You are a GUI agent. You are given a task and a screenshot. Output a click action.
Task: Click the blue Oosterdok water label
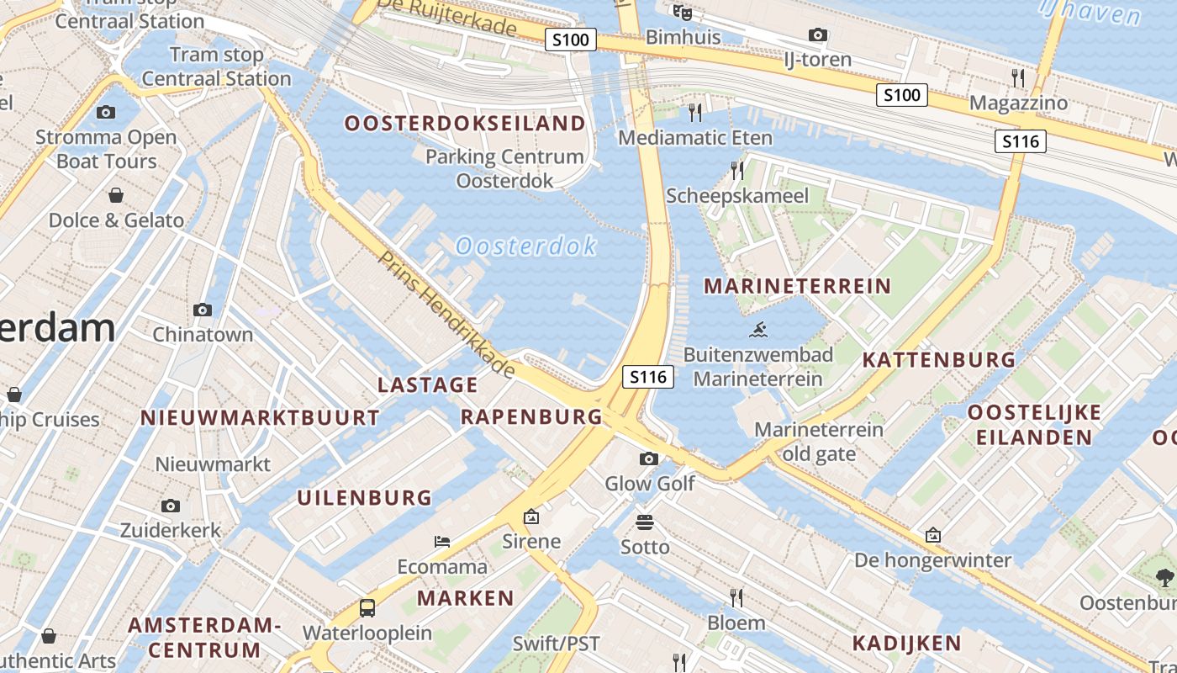point(526,246)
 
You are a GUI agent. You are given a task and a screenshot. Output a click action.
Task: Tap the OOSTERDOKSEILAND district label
point(465,124)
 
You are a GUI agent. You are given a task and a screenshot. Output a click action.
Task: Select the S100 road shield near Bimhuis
point(571,39)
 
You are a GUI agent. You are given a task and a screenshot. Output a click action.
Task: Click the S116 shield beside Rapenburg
point(648,377)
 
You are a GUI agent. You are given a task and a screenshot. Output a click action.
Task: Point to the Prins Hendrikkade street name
point(446,314)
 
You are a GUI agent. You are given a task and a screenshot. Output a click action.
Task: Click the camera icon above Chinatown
point(202,310)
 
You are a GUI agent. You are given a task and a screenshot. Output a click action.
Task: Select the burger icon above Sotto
point(645,522)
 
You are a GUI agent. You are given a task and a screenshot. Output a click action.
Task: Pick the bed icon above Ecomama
point(442,541)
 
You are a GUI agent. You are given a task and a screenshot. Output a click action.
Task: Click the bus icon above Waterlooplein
point(367,607)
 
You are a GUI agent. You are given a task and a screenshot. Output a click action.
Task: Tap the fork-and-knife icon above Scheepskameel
point(737,171)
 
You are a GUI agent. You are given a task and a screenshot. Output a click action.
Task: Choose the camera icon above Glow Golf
point(649,458)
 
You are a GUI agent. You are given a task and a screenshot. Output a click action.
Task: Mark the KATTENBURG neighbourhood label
point(939,360)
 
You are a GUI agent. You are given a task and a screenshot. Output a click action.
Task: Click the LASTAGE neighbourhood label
point(428,385)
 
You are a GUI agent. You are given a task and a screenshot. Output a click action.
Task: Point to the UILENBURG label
point(364,498)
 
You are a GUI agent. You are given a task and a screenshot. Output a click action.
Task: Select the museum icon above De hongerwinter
point(932,535)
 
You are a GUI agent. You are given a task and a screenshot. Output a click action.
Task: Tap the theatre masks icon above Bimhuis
point(682,13)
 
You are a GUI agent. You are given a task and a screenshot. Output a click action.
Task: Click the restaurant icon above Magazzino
point(1018,78)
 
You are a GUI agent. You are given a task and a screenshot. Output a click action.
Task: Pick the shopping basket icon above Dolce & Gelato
point(116,196)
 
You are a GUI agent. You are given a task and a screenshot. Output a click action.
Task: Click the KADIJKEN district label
point(906,644)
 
